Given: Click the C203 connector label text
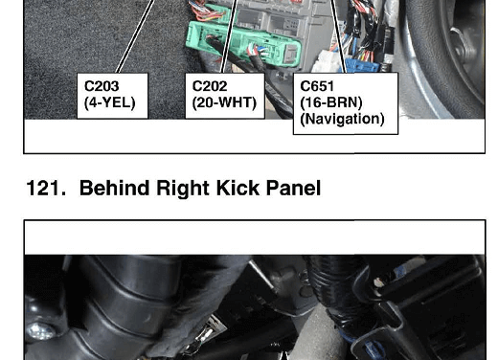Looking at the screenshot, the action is click(x=102, y=86).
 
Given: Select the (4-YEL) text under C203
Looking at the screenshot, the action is click(x=110, y=102).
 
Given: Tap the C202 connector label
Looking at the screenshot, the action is click(x=210, y=86).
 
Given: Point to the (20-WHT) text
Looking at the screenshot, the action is click(x=224, y=102).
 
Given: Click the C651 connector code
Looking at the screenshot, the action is click(x=317, y=86).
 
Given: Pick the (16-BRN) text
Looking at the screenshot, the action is click(x=331, y=102).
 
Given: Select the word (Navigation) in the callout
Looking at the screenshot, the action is click(x=342, y=119).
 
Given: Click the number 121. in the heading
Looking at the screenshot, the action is click(x=46, y=188).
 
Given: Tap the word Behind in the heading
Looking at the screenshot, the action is click(x=114, y=188).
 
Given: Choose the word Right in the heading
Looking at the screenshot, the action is click(x=183, y=189).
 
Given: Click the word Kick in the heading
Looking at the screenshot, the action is click(x=238, y=188).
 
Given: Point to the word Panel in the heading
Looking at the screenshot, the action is click(x=293, y=188).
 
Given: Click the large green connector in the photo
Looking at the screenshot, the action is click(x=243, y=44).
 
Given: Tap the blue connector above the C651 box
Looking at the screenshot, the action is click(x=362, y=65).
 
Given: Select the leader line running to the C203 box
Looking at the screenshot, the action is click(x=136, y=36).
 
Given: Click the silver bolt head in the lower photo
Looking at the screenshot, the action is click(x=40, y=331).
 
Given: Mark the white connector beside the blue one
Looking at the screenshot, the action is click(x=328, y=61).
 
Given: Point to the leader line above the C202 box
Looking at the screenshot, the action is click(x=229, y=36).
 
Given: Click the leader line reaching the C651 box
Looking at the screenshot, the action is click(x=338, y=36).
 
